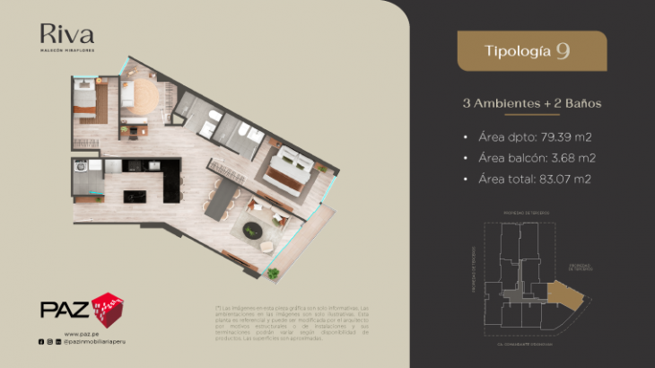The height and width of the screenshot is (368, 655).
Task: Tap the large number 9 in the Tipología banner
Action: point(562,50)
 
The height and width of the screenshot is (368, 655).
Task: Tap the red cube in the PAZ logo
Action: point(109,308)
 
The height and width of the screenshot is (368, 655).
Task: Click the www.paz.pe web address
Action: point(81,333)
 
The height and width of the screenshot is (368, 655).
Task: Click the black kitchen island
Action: point(137,195)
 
